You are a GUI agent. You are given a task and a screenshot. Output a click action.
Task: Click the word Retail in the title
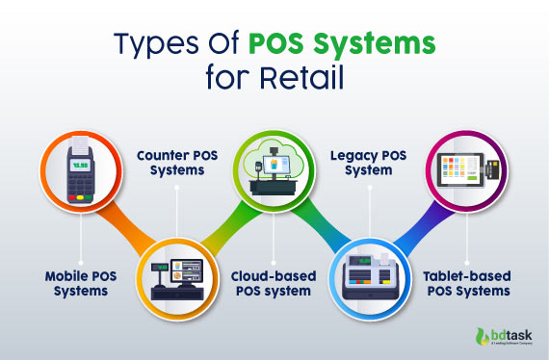pos(309,77)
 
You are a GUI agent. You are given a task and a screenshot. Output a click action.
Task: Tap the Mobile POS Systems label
pos(77,284)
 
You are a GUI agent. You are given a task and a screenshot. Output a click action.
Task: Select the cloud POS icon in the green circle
pos(275,169)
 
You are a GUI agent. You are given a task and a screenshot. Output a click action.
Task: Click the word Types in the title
pos(155,45)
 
